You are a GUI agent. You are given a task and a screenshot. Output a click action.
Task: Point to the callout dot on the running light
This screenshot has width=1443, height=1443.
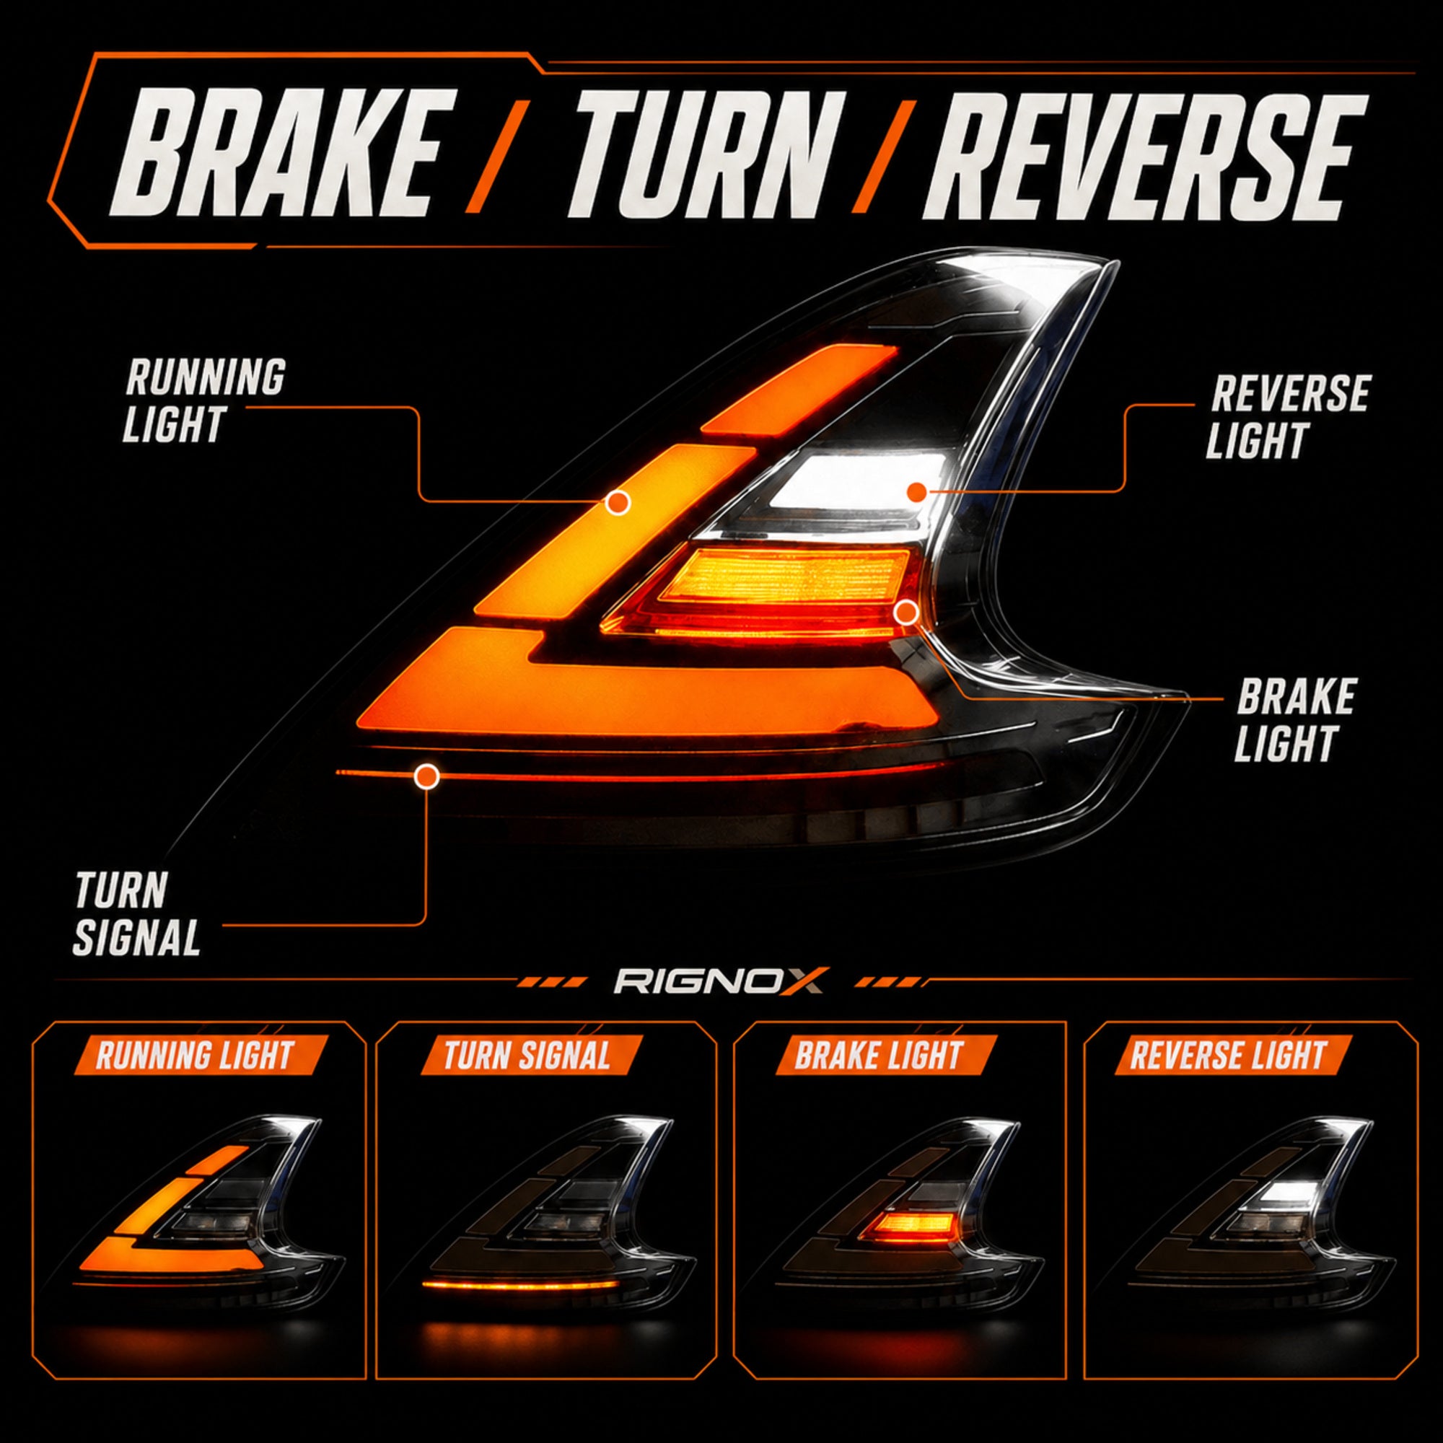[617, 503]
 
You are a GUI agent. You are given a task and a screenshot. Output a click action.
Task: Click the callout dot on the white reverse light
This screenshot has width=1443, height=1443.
[916, 491]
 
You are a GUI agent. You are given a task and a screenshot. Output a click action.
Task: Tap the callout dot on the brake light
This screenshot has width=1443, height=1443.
[906, 613]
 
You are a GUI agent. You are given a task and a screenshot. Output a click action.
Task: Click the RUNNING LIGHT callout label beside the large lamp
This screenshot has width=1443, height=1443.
[203, 400]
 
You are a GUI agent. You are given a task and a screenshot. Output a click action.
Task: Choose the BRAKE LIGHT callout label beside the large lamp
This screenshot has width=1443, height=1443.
[1294, 719]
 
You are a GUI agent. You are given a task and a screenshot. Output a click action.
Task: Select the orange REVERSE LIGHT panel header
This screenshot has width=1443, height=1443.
[1229, 1055]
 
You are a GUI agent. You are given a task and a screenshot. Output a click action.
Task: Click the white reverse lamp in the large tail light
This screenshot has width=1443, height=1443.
[859, 478]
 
